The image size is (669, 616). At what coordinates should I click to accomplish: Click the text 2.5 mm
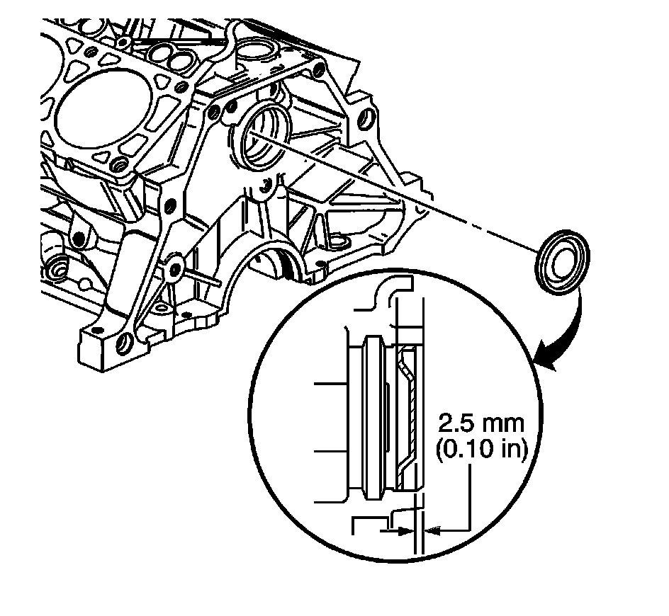[481, 426]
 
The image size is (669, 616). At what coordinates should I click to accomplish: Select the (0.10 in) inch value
[481, 450]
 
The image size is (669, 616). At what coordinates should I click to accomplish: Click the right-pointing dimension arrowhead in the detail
[405, 529]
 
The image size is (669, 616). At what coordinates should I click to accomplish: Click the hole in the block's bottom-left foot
[125, 344]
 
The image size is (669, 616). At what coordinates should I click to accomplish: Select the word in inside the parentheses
[508, 450]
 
